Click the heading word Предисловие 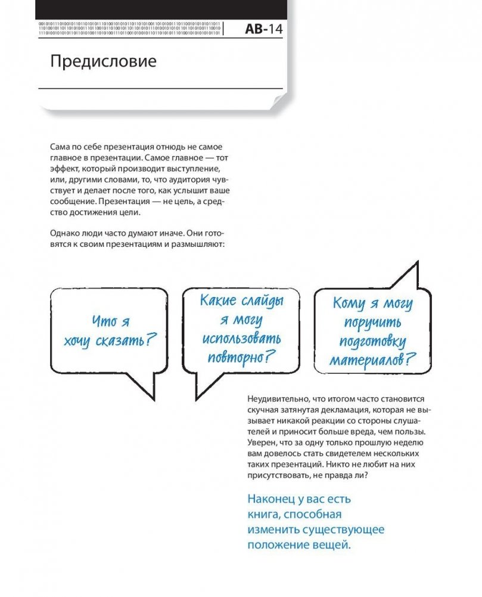pos(102,61)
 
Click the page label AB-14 pos(265,30)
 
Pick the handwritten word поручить pos(372,324)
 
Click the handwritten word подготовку pos(372,342)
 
